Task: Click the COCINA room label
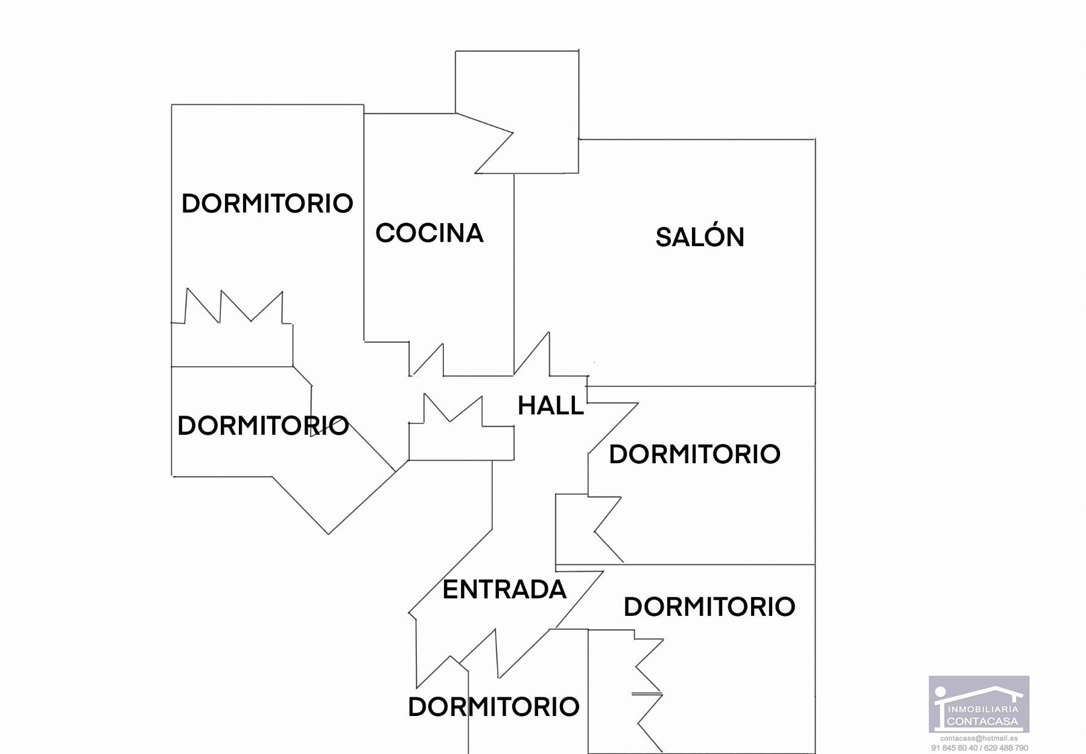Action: click(x=429, y=233)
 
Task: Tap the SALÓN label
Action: click(x=700, y=237)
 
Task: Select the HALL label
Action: click(x=551, y=406)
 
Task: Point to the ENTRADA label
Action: click(x=504, y=589)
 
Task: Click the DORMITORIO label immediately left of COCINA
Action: click(x=267, y=204)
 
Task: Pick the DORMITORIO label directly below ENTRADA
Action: click(x=494, y=707)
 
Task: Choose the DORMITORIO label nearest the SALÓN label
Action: click(x=694, y=454)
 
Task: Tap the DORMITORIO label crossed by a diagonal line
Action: click(x=263, y=426)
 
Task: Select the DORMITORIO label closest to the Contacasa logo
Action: click(x=709, y=607)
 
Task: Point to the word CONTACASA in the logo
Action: click(x=983, y=721)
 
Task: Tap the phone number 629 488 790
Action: click(x=1005, y=748)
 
